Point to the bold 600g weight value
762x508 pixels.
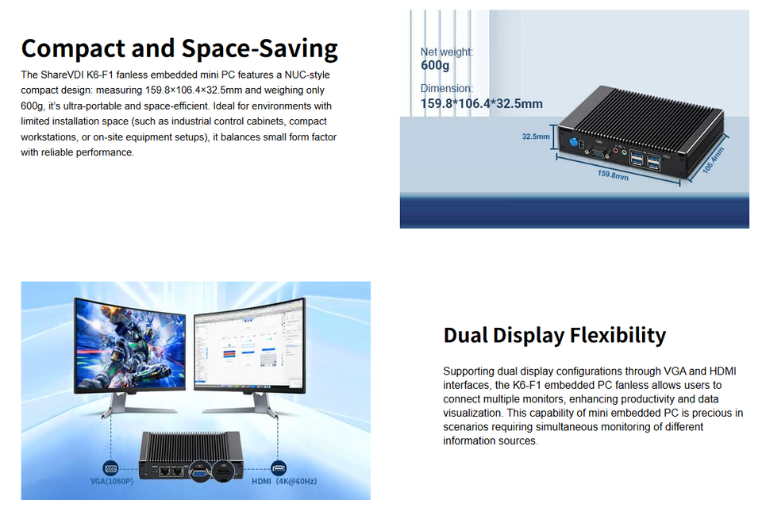pyautogui.click(x=435, y=65)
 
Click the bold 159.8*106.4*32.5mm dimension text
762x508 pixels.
pyautogui.click(x=481, y=103)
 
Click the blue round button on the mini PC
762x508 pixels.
pyautogui.click(x=571, y=143)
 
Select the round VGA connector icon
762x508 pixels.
pyautogui.click(x=110, y=468)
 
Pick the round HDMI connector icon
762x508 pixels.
pyautogui.click(x=278, y=468)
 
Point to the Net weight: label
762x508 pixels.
pyautogui.click(x=446, y=52)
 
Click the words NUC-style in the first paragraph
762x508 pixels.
pyautogui.click(x=306, y=75)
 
